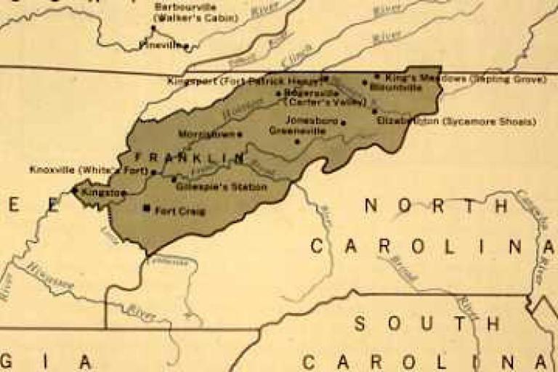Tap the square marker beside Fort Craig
(147, 208)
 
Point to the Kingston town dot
(75, 190)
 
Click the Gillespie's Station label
(222, 187)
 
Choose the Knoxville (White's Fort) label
(89, 170)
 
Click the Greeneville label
(294, 131)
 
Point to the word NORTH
(437, 206)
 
